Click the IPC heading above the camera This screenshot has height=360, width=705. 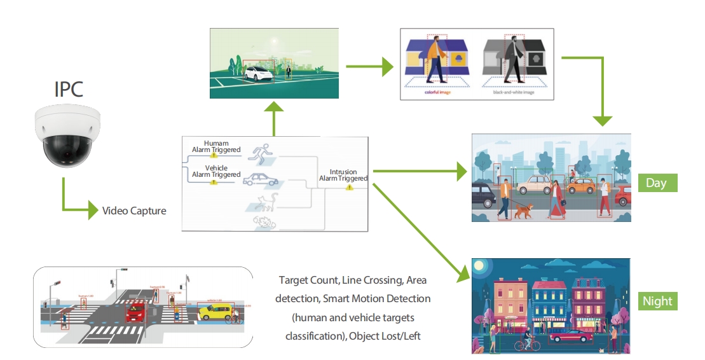point(68,88)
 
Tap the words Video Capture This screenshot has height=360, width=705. point(134,211)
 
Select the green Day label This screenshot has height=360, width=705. point(657,183)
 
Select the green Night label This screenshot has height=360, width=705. point(657,301)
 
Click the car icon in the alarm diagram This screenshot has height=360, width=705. point(261,179)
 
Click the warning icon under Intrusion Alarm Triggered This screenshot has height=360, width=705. point(348,188)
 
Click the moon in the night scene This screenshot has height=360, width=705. point(478,266)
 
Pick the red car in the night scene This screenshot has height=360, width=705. point(571,337)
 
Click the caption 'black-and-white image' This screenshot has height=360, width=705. point(514,92)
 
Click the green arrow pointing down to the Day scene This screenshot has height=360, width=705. point(603,118)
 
